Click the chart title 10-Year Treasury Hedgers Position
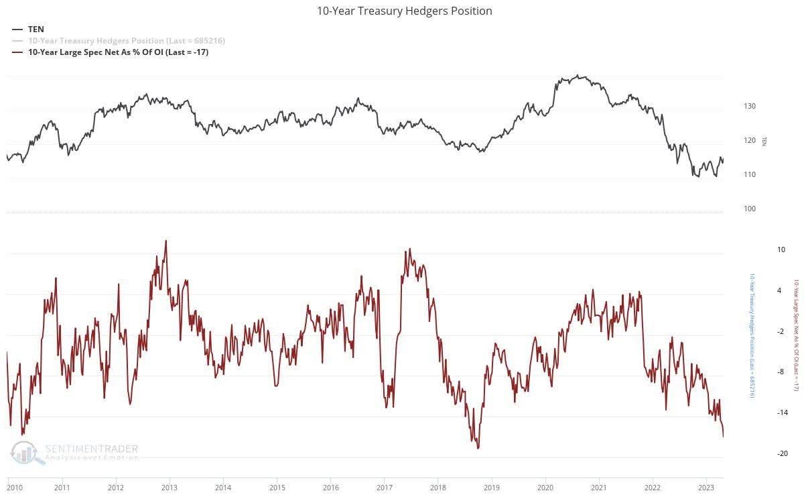click(404, 11)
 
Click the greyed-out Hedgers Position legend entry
click(126, 41)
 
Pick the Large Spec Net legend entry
click(118, 52)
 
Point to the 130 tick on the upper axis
click(749, 106)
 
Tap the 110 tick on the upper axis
click(749, 174)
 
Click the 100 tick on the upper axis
click(749, 209)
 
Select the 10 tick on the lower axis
click(762, 249)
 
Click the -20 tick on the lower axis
click(762, 454)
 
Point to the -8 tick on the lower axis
click(762, 372)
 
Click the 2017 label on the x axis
click(384, 488)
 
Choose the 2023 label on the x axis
click(706, 488)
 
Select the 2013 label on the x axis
click(169, 488)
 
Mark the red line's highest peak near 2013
click(165, 240)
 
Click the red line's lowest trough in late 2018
click(478, 448)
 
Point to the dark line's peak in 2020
click(578, 76)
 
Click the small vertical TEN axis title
click(764, 141)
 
